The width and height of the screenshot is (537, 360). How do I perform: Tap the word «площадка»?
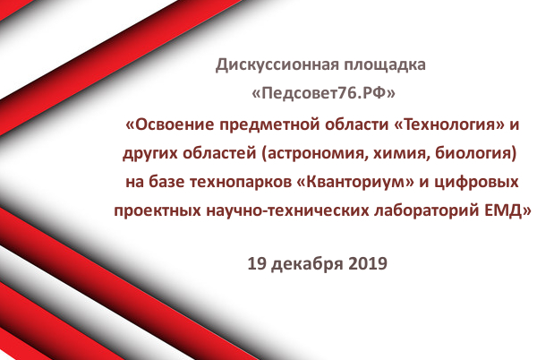[x=385, y=65]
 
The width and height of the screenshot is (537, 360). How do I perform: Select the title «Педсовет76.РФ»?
[x=323, y=93]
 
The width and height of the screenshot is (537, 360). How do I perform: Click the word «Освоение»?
[x=172, y=124]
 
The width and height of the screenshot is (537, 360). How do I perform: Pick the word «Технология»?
[x=447, y=124]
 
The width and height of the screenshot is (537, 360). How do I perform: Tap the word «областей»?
[x=219, y=153]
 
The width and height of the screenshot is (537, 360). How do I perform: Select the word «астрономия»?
[x=315, y=154]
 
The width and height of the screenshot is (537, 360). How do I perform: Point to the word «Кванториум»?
[x=354, y=182]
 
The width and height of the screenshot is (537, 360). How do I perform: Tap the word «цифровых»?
[x=476, y=183]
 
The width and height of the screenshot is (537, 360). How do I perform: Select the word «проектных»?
[x=158, y=211]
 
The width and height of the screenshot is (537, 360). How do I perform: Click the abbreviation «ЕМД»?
[x=507, y=211]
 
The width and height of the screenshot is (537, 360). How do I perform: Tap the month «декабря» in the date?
[x=307, y=264]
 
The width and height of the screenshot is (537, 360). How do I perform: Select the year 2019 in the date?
[x=368, y=264]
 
